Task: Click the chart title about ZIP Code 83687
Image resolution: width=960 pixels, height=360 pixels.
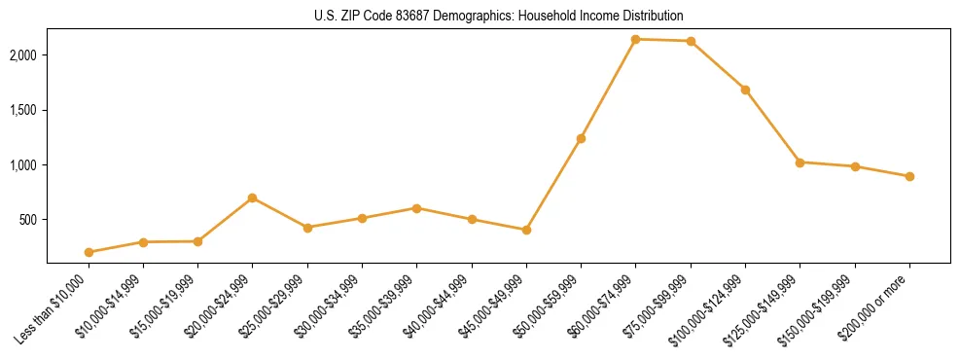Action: click(x=498, y=16)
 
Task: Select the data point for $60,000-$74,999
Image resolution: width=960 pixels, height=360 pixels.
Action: click(x=635, y=39)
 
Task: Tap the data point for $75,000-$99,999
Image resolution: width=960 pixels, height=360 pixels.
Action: click(x=691, y=41)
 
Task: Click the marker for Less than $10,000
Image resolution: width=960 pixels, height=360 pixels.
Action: click(x=89, y=252)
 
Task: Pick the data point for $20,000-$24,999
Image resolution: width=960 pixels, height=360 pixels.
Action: click(x=252, y=198)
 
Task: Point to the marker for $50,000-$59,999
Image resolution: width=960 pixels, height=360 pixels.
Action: click(x=581, y=138)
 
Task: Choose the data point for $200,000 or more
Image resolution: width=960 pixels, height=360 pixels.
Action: click(x=909, y=176)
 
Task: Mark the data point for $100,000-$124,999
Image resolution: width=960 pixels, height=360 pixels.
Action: click(x=745, y=90)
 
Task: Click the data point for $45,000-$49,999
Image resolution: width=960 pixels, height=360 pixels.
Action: click(x=526, y=230)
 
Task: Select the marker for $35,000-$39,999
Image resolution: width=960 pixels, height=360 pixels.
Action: click(x=416, y=208)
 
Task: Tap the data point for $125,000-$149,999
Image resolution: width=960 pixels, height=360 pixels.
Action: click(x=800, y=162)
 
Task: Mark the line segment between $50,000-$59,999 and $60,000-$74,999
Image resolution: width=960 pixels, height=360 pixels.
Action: click(x=608, y=89)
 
